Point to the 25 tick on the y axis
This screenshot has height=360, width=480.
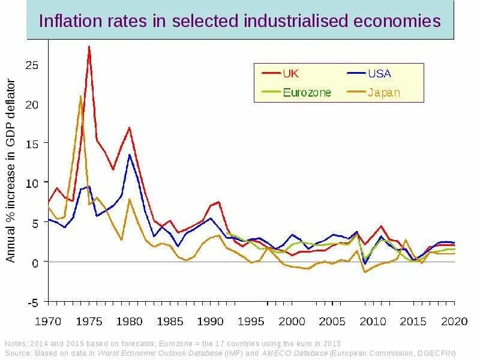click(31, 64)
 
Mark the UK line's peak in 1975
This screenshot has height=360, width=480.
click(89, 46)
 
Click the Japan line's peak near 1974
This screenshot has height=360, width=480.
click(80, 96)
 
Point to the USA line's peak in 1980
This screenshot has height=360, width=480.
click(129, 155)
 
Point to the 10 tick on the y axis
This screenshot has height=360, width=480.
click(31, 182)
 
